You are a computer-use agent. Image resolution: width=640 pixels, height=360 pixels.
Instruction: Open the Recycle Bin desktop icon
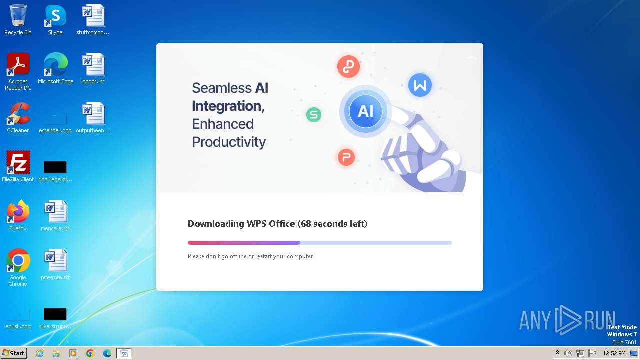18,16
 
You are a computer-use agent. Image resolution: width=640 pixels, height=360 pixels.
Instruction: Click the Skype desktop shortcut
55,16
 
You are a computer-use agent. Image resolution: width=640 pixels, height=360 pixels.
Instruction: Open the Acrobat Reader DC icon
18,65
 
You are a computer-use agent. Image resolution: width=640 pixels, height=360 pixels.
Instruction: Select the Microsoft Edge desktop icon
55,65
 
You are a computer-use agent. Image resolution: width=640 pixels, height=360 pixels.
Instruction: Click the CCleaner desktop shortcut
18,114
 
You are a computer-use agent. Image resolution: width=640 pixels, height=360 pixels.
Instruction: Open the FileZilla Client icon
18,163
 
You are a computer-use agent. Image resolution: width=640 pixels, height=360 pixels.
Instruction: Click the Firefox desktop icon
18,212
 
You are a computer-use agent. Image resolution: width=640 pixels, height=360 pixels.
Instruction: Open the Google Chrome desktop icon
18,261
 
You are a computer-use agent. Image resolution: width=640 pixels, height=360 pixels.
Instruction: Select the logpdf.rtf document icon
93,65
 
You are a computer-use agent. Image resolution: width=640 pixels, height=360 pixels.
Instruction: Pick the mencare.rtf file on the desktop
55,212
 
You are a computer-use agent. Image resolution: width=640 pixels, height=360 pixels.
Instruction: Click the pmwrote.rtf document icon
55,261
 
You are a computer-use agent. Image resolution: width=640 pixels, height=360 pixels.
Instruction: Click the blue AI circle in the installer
365,111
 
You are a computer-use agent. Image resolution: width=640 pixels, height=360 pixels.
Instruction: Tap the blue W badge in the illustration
420,85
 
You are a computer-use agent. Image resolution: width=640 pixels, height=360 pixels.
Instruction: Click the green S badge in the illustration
313,115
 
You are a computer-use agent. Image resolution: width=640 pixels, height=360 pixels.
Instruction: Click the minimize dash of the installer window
472,59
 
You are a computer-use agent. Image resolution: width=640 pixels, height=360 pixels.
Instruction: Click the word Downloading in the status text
216,224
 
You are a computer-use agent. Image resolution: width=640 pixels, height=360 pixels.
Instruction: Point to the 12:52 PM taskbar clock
614,353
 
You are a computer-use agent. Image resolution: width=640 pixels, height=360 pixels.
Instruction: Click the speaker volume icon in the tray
568,353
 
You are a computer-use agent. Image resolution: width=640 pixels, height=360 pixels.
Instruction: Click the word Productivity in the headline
229,142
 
